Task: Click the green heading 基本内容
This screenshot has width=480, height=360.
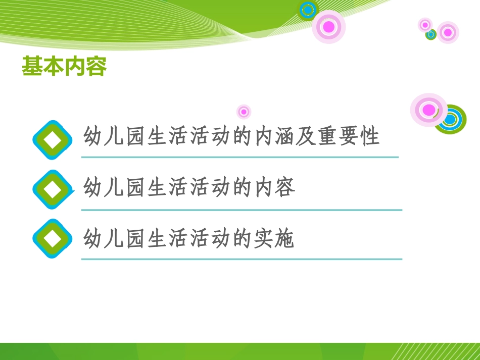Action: point(64,67)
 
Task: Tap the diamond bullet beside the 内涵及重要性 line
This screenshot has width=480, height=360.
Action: point(53,140)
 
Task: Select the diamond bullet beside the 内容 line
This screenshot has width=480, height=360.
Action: point(53,190)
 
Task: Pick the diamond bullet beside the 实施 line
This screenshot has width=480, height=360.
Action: point(53,238)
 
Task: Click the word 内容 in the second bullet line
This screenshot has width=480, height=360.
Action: point(276,188)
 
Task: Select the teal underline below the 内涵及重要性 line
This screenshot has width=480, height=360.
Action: point(240,157)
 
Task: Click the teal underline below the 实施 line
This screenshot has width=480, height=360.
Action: point(242,259)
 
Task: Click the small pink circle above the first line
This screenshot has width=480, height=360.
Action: point(244,112)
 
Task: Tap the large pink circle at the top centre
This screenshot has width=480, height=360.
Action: point(328,27)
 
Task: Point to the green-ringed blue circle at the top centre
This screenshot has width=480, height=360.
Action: point(308,10)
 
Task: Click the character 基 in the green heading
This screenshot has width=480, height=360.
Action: point(32,67)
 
